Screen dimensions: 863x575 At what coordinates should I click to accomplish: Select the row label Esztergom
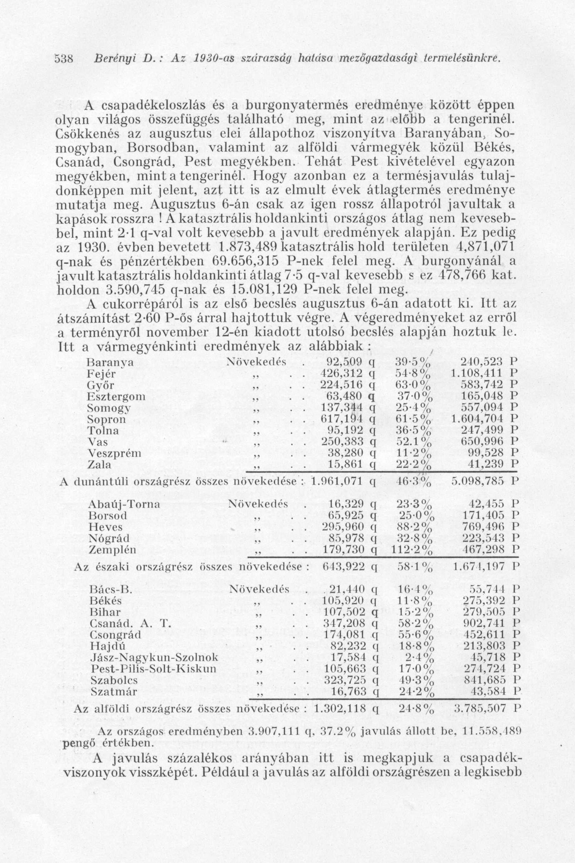click(116, 397)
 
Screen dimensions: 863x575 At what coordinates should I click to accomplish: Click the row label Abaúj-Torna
click(124, 504)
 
